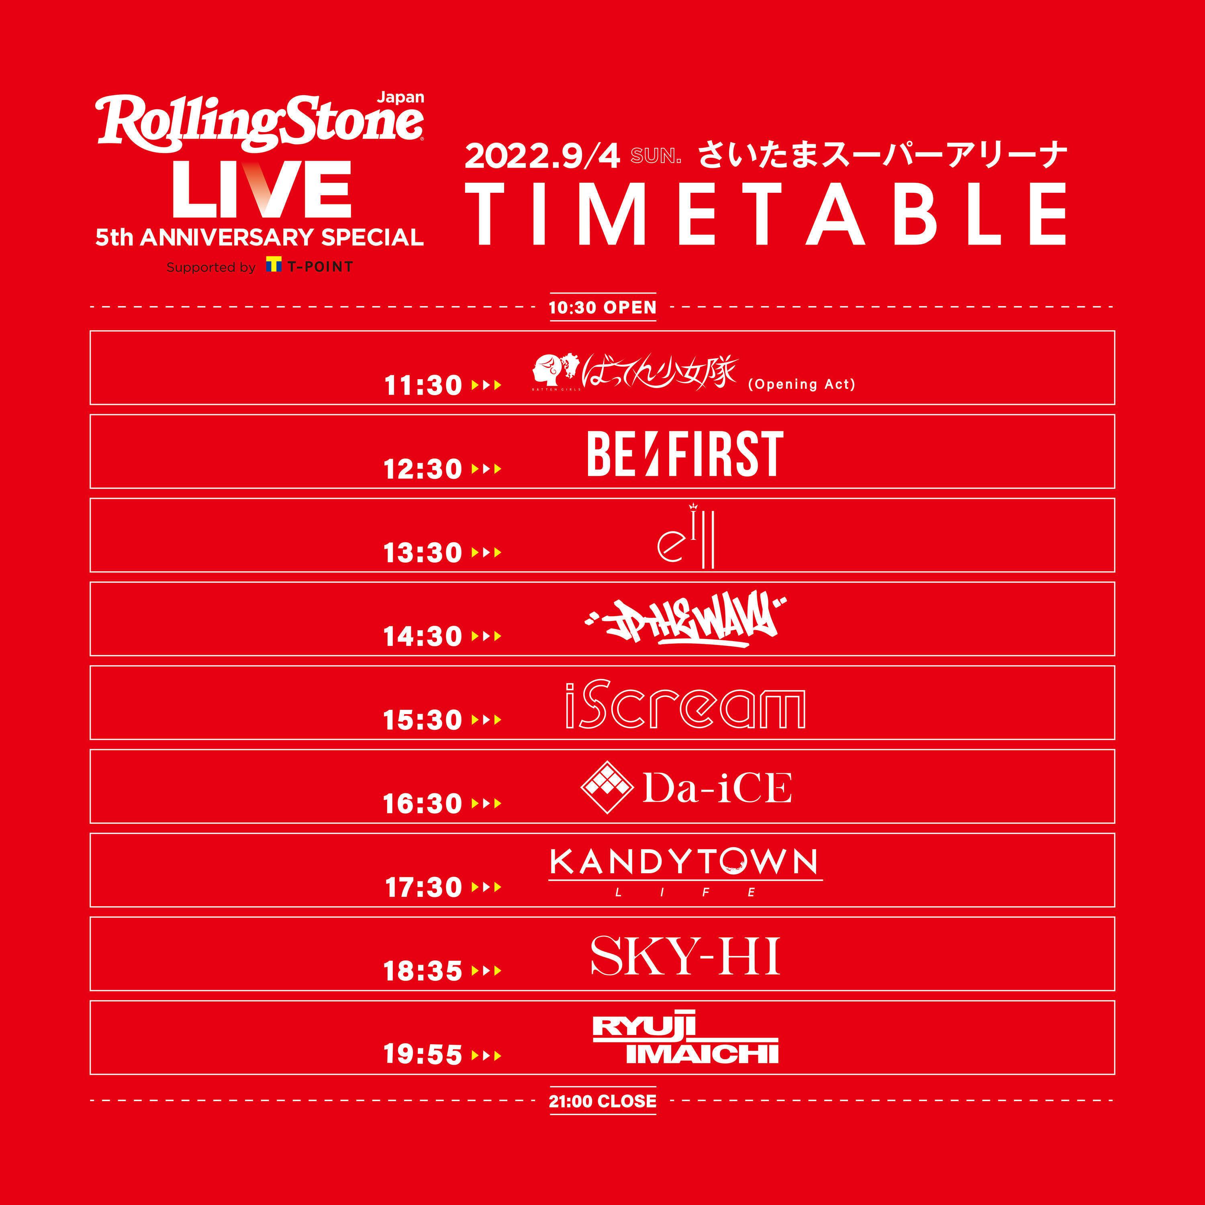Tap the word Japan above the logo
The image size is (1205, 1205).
click(400, 97)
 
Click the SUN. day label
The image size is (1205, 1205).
click(656, 156)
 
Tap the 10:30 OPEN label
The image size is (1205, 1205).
click(602, 308)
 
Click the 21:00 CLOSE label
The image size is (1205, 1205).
click(602, 1101)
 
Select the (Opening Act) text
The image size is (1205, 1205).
click(801, 384)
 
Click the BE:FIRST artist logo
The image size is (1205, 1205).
click(685, 453)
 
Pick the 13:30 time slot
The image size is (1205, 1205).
click(422, 553)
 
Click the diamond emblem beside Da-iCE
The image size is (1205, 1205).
click(607, 787)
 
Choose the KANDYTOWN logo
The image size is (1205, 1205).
click(685, 864)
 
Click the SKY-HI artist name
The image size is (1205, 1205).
click(685, 956)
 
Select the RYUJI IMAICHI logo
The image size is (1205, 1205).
click(685, 1040)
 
